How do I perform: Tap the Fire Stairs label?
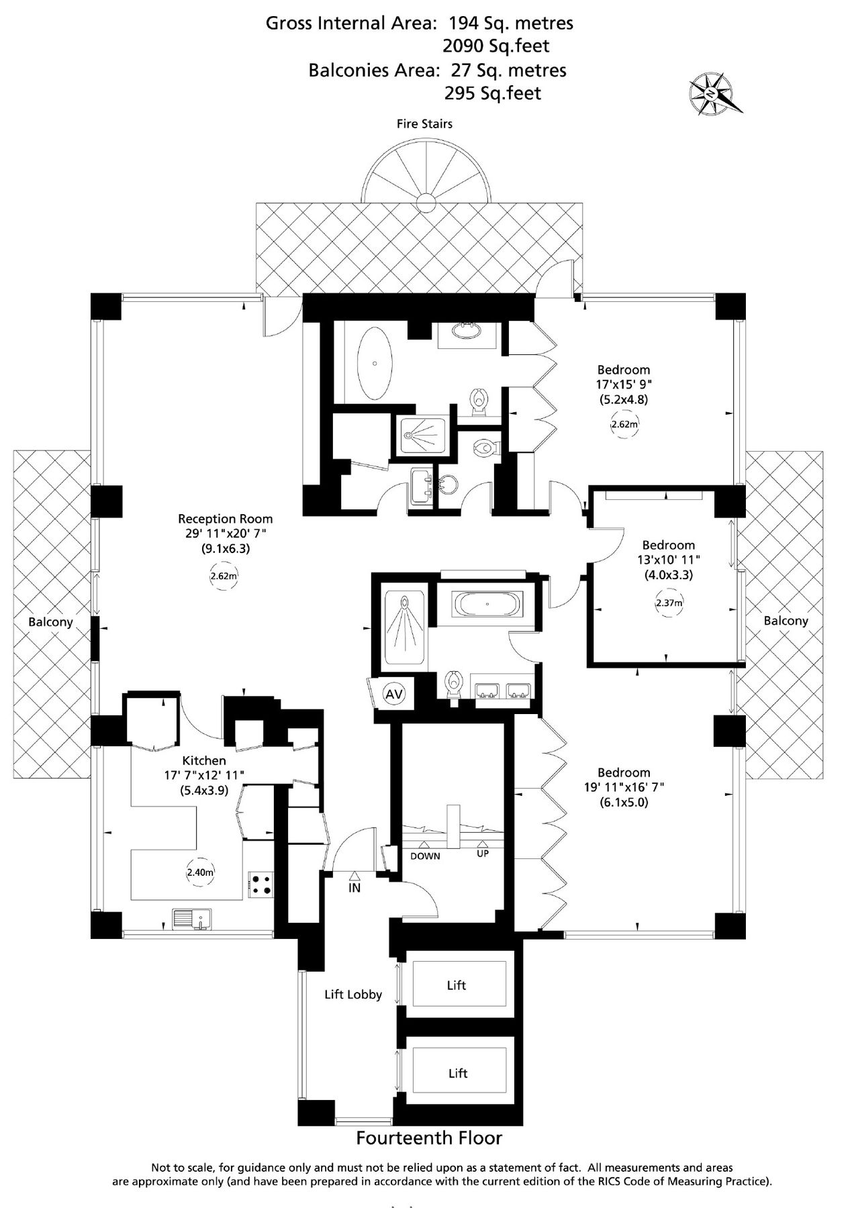click(x=424, y=123)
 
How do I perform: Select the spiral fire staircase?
click(x=426, y=176)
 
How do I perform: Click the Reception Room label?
click(x=225, y=519)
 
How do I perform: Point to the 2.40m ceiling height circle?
click(x=199, y=872)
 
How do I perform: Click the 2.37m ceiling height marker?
click(x=668, y=603)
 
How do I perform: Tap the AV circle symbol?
click(x=393, y=694)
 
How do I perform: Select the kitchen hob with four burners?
click(x=261, y=884)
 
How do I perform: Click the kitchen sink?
click(x=192, y=918)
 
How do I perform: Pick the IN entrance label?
click(x=354, y=888)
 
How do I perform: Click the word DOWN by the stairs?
click(x=425, y=856)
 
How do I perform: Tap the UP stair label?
click(x=483, y=854)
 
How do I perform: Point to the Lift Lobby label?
click(x=353, y=995)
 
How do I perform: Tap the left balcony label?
click(x=50, y=622)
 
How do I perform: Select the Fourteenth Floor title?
click(x=428, y=1138)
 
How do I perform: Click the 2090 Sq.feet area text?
click(x=495, y=46)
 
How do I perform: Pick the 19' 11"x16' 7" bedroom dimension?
click(x=624, y=787)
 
